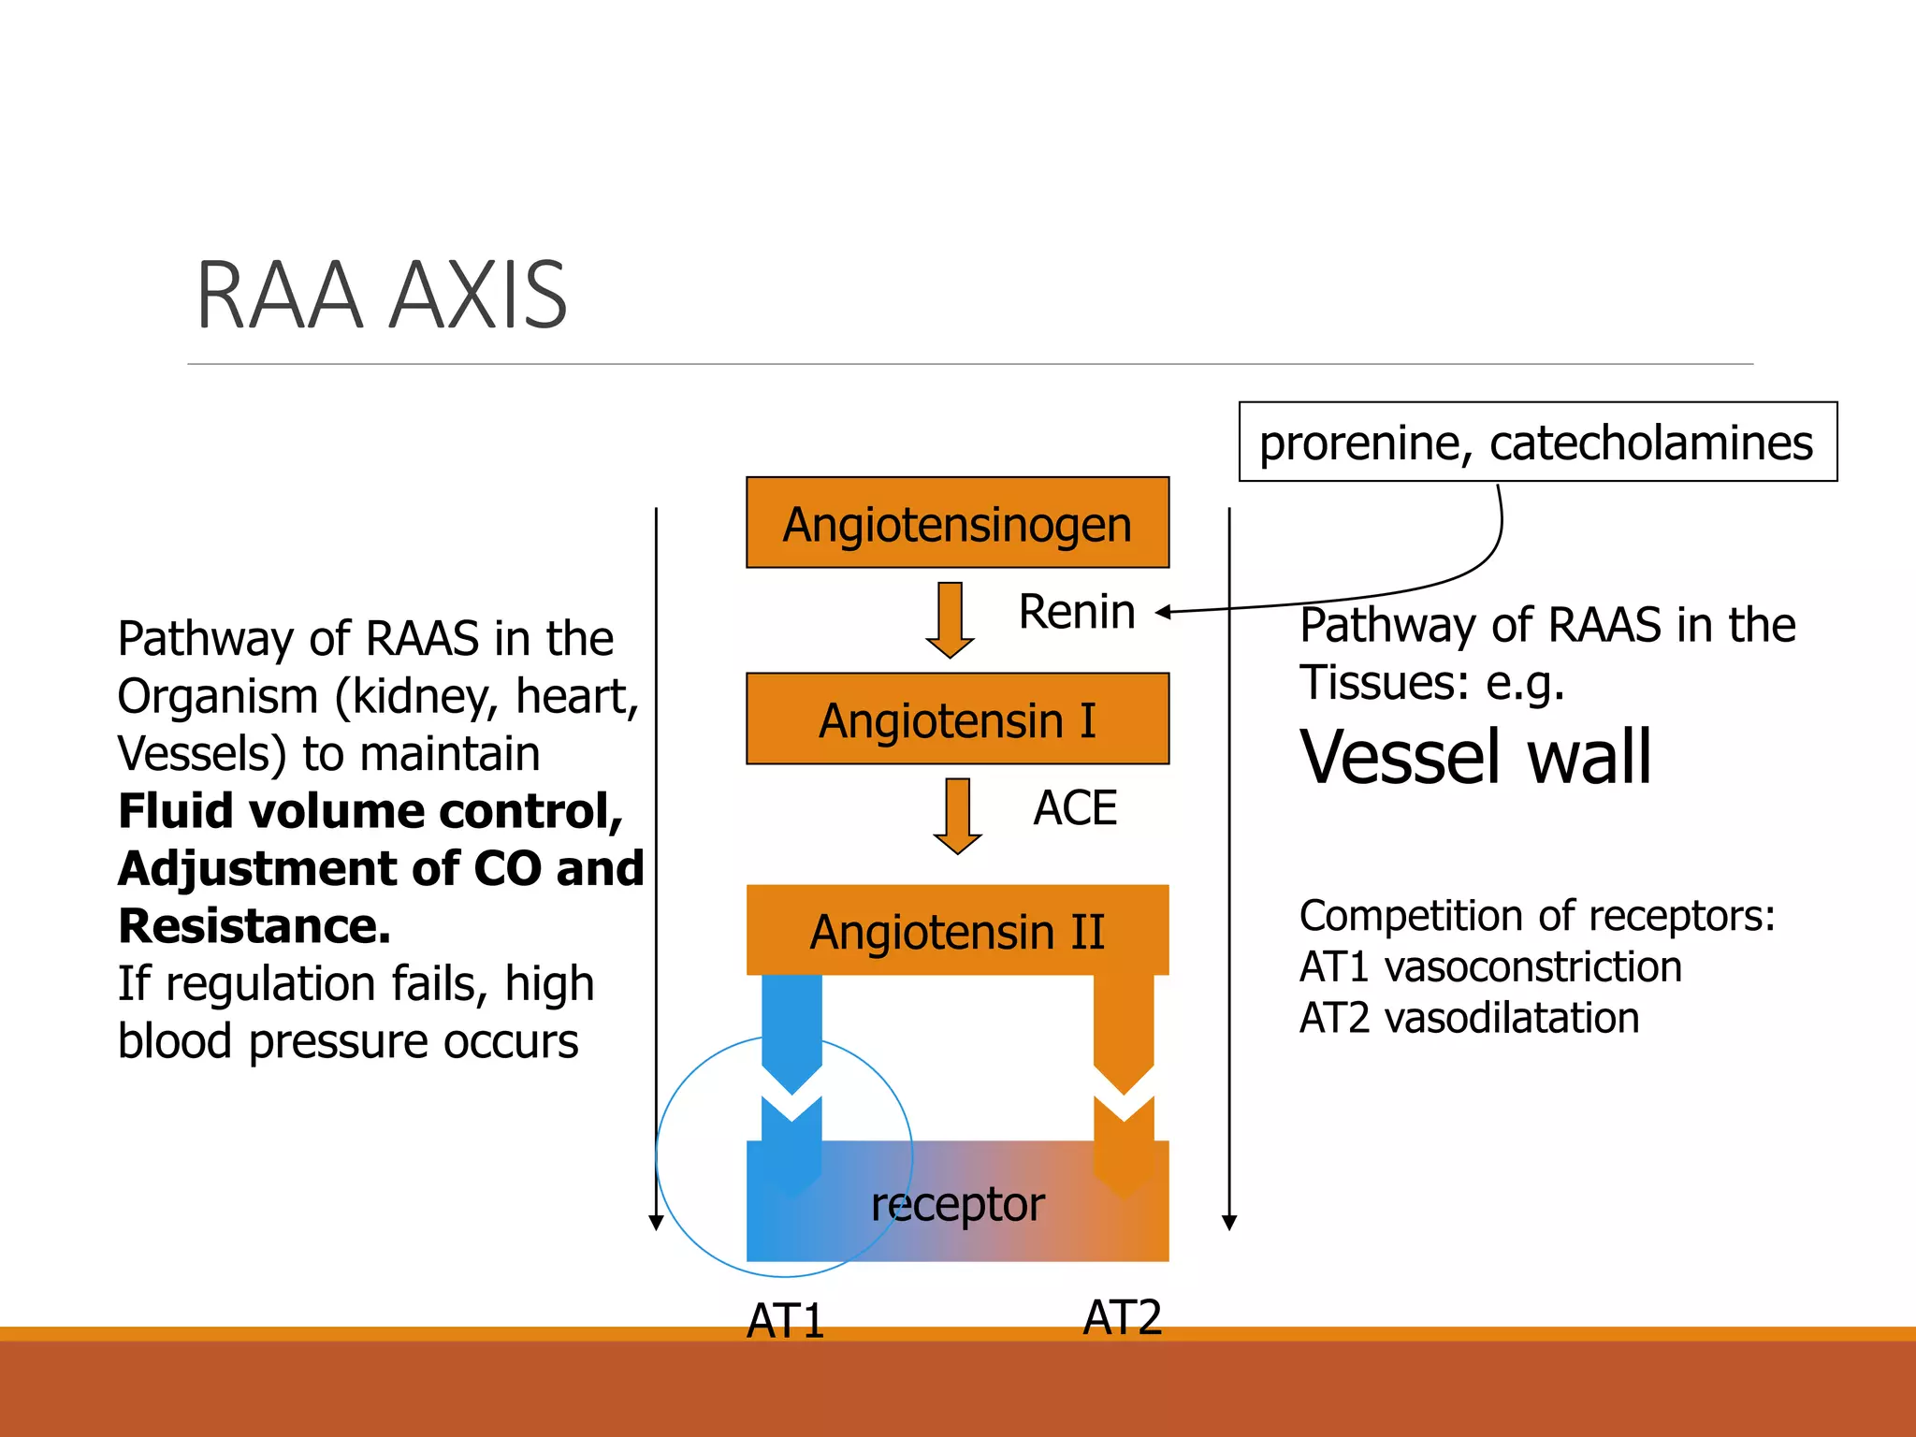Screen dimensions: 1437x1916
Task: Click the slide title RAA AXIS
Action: (x=382, y=296)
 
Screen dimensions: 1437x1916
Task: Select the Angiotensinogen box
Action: (x=957, y=523)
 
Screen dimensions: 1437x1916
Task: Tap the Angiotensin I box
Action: (x=957, y=719)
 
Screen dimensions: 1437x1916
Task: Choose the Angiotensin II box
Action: (x=957, y=931)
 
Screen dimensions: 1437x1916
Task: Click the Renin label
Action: (x=1077, y=612)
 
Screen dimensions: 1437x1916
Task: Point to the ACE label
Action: (x=1075, y=807)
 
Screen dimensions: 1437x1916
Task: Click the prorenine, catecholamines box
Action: (x=1537, y=442)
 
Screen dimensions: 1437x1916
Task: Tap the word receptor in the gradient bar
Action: (x=957, y=1204)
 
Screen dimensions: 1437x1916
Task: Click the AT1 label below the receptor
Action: (x=785, y=1320)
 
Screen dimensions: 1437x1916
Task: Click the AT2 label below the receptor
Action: (x=1122, y=1316)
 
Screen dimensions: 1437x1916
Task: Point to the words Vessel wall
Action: (x=1475, y=756)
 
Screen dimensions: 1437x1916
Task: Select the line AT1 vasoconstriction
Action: (x=1490, y=966)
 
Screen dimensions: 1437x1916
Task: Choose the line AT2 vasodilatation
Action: (x=1469, y=1018)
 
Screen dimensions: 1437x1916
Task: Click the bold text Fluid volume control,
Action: (x=370, y=810)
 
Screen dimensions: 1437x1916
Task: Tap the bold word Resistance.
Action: (x=254, y=926)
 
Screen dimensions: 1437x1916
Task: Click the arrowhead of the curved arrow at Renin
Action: (x=1164, y=613)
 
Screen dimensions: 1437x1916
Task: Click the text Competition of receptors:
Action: (x=1536, y=915)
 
